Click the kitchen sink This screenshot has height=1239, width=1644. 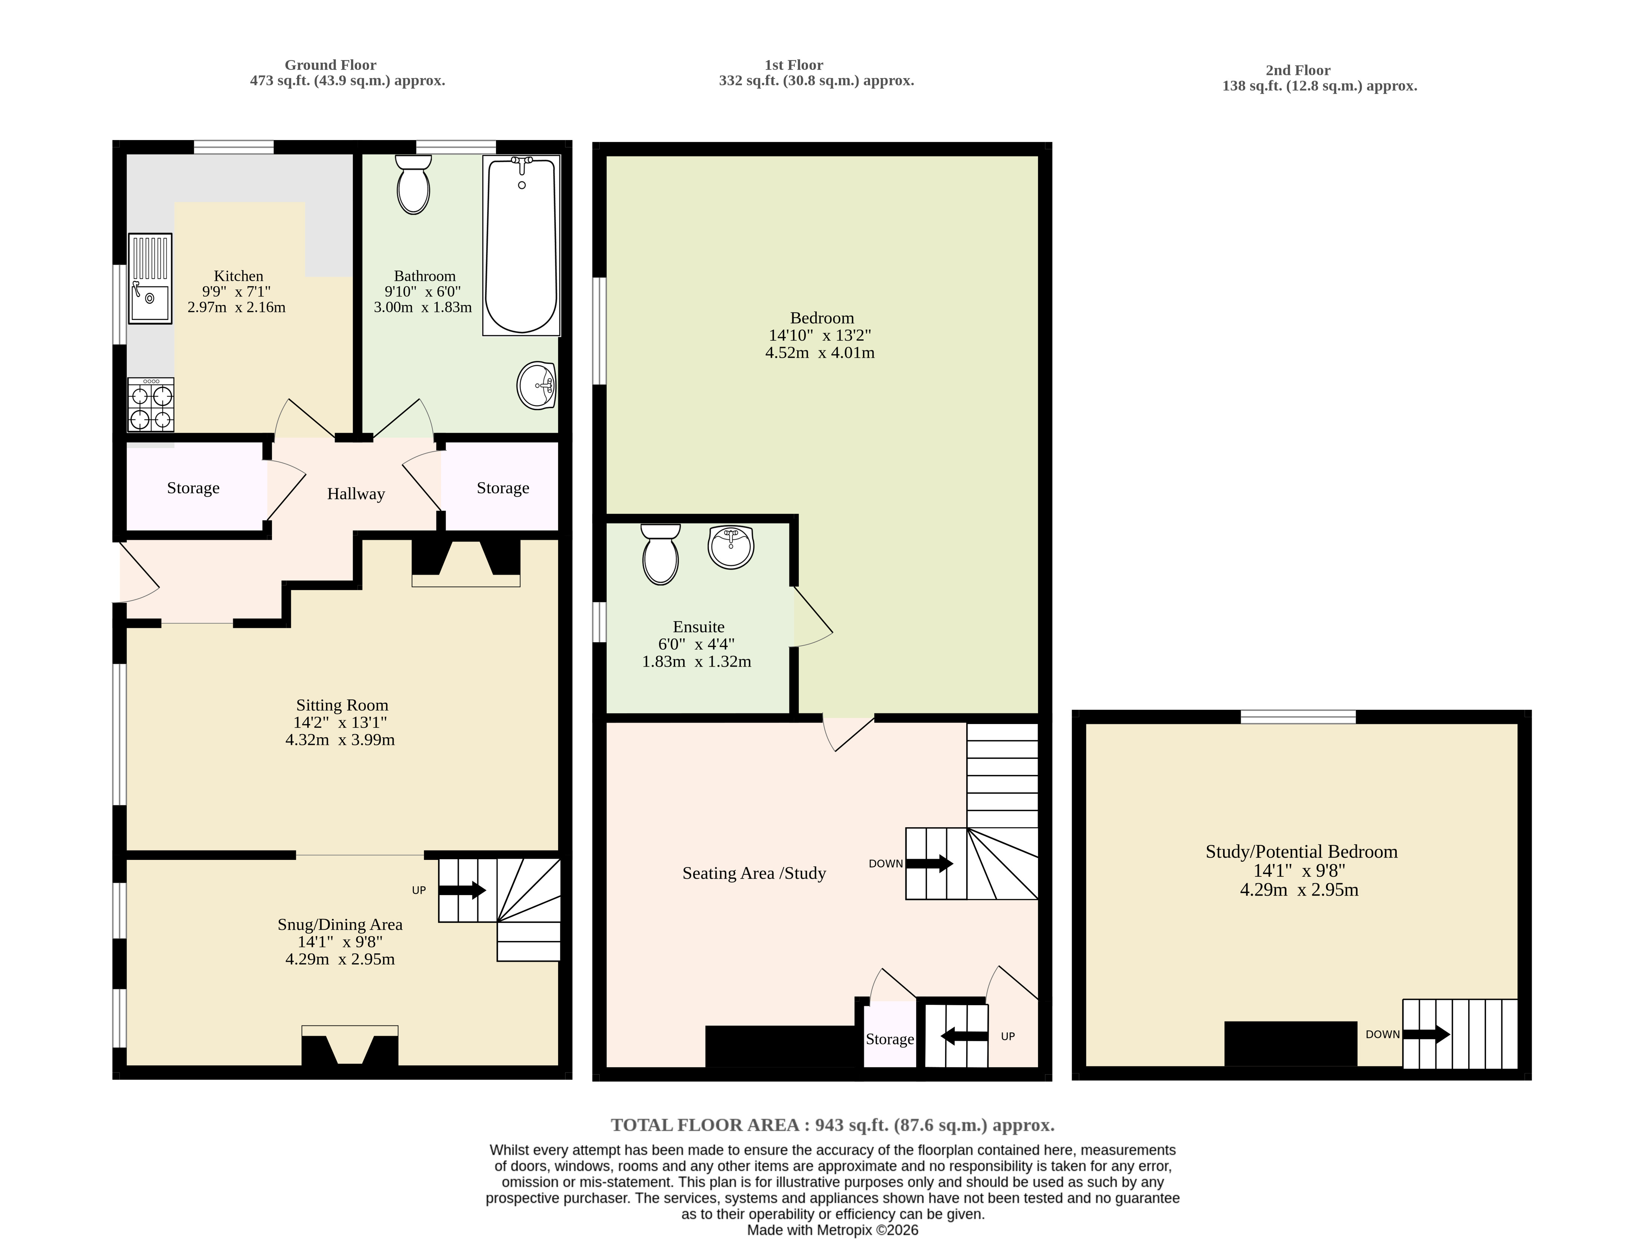pos(150,279)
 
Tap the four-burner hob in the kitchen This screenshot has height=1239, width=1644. pos(152,405)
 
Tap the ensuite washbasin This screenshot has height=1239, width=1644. pos(732,547)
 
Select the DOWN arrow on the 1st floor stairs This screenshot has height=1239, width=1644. pos(929,863)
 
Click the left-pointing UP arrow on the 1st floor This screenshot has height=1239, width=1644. pos(964,1036)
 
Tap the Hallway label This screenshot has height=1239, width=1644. pos(356,494)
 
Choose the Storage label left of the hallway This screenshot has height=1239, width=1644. pos(193,488)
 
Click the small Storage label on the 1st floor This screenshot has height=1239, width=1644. pos(890,1039)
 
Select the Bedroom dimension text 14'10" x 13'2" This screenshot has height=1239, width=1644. pos(820,335)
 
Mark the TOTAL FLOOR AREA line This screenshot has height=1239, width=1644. pos(833,1125)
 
